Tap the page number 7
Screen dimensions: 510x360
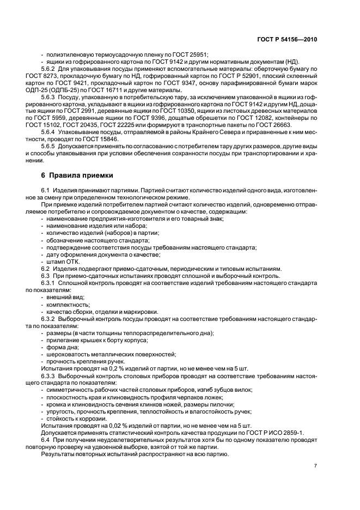316,466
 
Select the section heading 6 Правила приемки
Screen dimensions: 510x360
77,175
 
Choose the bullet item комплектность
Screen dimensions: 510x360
68,305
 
